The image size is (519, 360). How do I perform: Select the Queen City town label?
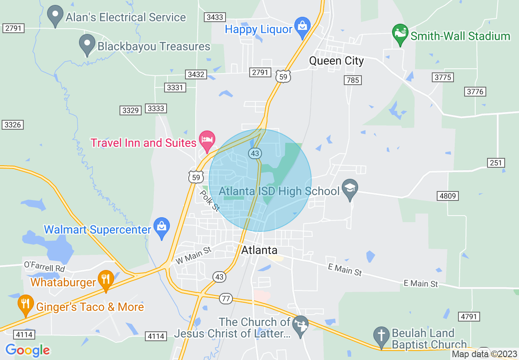(x=336, y=61)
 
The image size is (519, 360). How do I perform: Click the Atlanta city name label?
(x=259, y=250)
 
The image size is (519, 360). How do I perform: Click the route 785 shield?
(x=352, y=80)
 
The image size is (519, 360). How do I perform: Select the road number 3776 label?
(x=475, y=92)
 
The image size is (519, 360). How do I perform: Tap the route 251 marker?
(x=496, y=163)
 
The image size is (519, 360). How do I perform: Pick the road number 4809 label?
(x=447, y=196)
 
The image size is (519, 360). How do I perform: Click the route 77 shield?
(x=226, y=299)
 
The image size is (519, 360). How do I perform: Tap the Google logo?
(x=27, y=350)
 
